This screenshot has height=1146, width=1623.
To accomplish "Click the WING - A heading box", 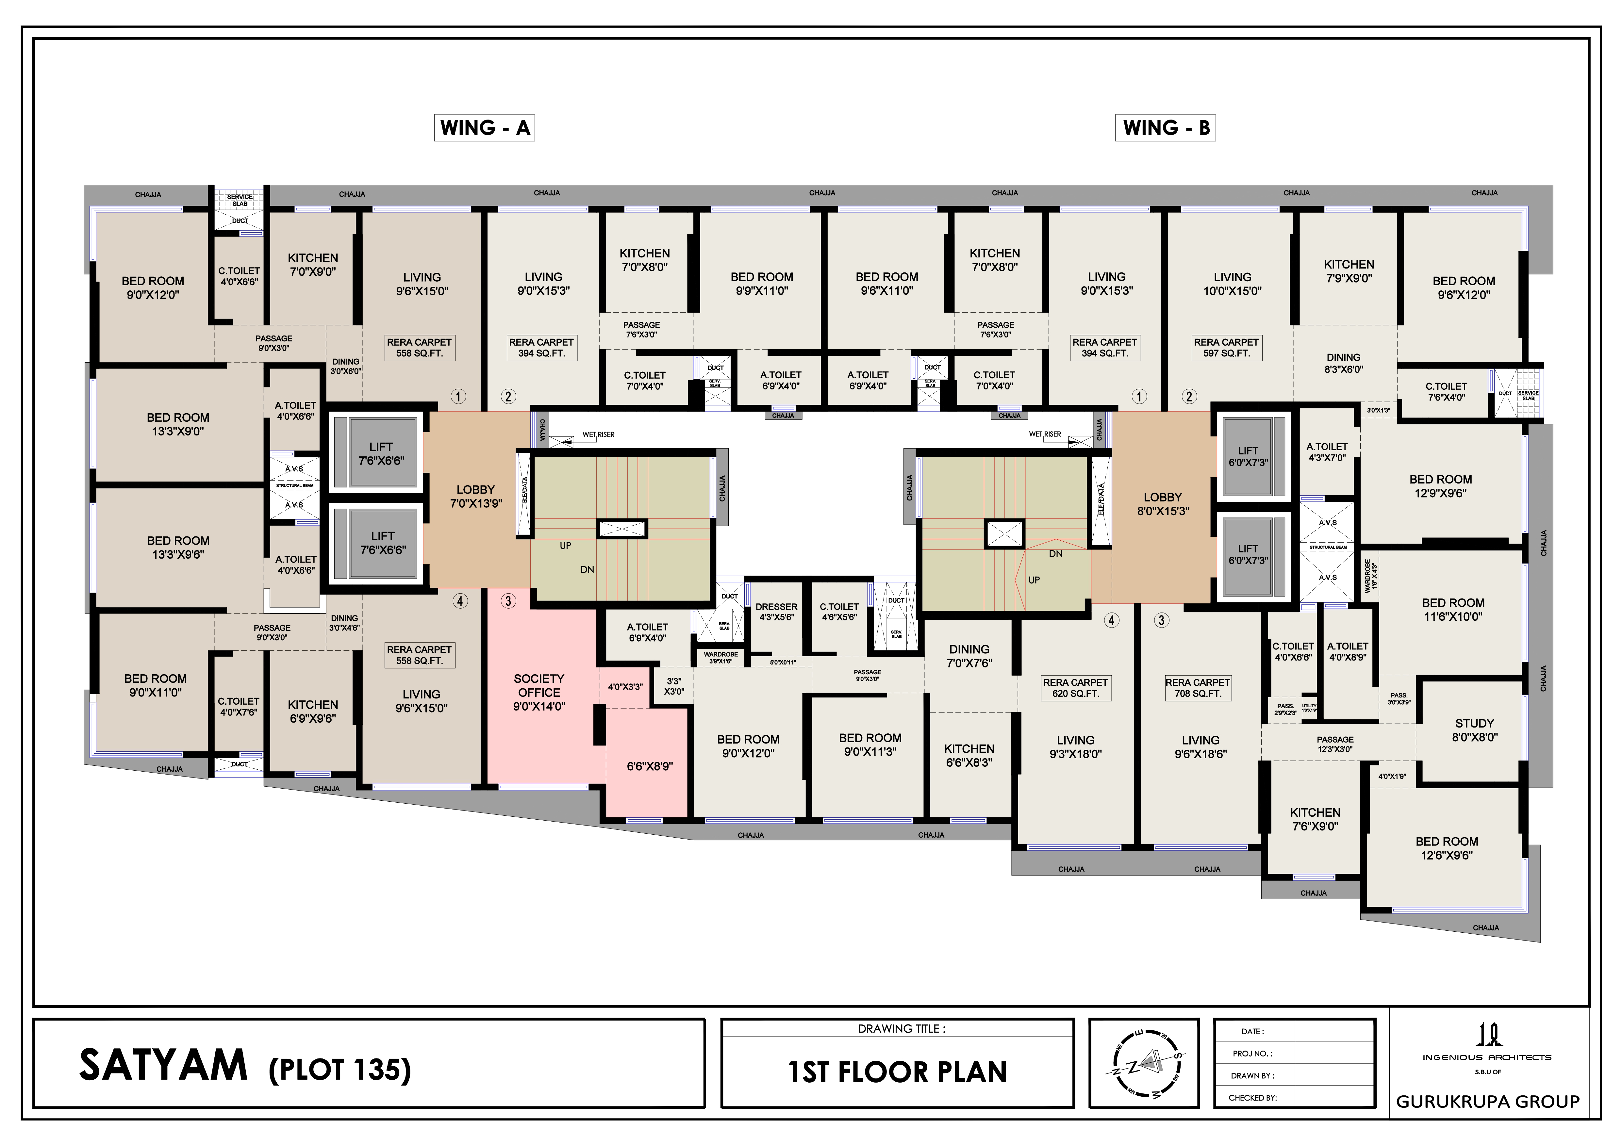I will click(x=484, y=128).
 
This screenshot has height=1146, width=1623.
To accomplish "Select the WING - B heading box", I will click(x=1165, y=128).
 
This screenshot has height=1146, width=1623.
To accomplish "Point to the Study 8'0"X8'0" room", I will click(x=1474, y=730).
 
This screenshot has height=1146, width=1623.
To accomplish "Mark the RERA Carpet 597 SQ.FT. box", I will click(x=1226, y=348).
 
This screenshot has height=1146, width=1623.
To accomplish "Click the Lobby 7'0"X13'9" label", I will click(x=476, y=496).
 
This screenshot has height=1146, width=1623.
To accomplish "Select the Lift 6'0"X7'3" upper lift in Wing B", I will click(x=1248, y=456).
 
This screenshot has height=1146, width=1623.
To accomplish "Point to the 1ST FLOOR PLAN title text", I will click(x=897, y=1072).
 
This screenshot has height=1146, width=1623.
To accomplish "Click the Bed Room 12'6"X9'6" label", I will click(x=1446, y=848).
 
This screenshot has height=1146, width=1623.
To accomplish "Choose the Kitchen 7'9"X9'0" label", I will click(x=1349, y=270).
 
